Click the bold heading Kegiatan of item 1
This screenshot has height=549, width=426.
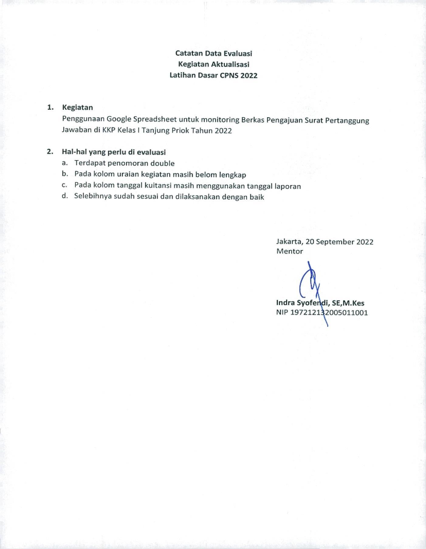[77, 107]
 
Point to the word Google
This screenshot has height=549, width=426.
[119, 120]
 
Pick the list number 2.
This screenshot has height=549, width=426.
[50, 152]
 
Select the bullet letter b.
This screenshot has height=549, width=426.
[64, 174]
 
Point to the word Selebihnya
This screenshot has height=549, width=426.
[92, 197]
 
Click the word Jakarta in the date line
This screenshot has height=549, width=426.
[289, 242]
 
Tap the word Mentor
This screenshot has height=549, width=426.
[290, 251]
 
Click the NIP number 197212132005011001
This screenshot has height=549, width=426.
[329, 313]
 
